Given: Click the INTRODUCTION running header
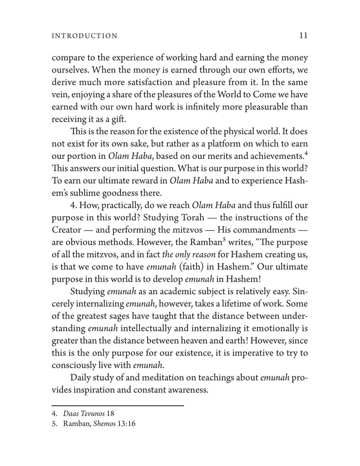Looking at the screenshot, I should [x=85, y=36].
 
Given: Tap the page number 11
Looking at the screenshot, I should [x=303, y=35].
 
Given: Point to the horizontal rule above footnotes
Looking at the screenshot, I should [x=118, y=405].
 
